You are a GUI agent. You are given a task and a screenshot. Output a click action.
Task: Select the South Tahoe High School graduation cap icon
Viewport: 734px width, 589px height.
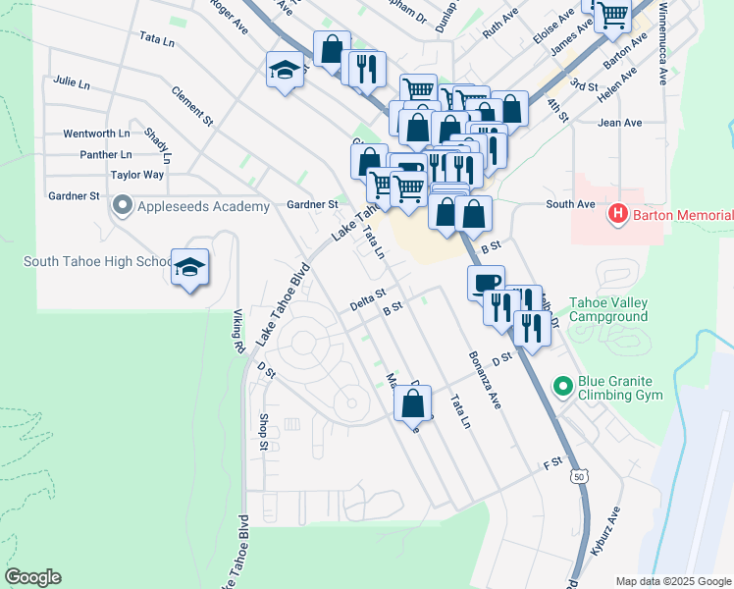point(189,267)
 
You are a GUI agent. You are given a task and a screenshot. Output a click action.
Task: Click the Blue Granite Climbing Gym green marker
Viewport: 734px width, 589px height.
point(563,386)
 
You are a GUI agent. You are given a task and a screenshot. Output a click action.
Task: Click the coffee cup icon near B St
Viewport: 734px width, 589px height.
point(486,283)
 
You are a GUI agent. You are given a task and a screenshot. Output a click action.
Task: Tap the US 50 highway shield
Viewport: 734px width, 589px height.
point(578,476)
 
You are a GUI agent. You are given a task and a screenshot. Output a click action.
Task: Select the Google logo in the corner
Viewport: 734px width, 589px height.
point(32,576)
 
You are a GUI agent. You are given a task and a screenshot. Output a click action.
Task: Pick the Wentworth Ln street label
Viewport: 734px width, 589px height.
point(96,133)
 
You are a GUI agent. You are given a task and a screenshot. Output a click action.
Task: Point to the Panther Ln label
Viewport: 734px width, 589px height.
point(106,154)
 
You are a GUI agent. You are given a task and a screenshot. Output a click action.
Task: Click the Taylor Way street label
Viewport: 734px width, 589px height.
point(136,175)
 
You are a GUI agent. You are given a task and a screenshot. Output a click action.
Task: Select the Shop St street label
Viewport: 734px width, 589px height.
point(263,432)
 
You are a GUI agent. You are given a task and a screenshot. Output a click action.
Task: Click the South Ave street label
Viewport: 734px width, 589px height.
point(570,204)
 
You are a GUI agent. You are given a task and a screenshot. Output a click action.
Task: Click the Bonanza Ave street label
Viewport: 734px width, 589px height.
point(485,380)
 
